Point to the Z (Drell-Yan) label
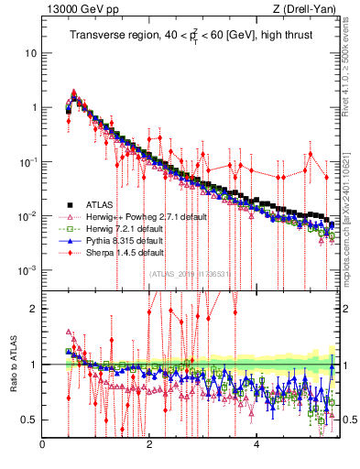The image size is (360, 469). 309,10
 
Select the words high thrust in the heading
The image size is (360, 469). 280,36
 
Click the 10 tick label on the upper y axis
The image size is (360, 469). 30,53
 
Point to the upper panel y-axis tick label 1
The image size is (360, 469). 33,107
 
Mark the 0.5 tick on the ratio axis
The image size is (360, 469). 29,420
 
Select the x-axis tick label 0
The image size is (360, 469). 42,445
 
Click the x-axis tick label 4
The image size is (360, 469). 256,445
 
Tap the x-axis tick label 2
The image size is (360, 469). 149,445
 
